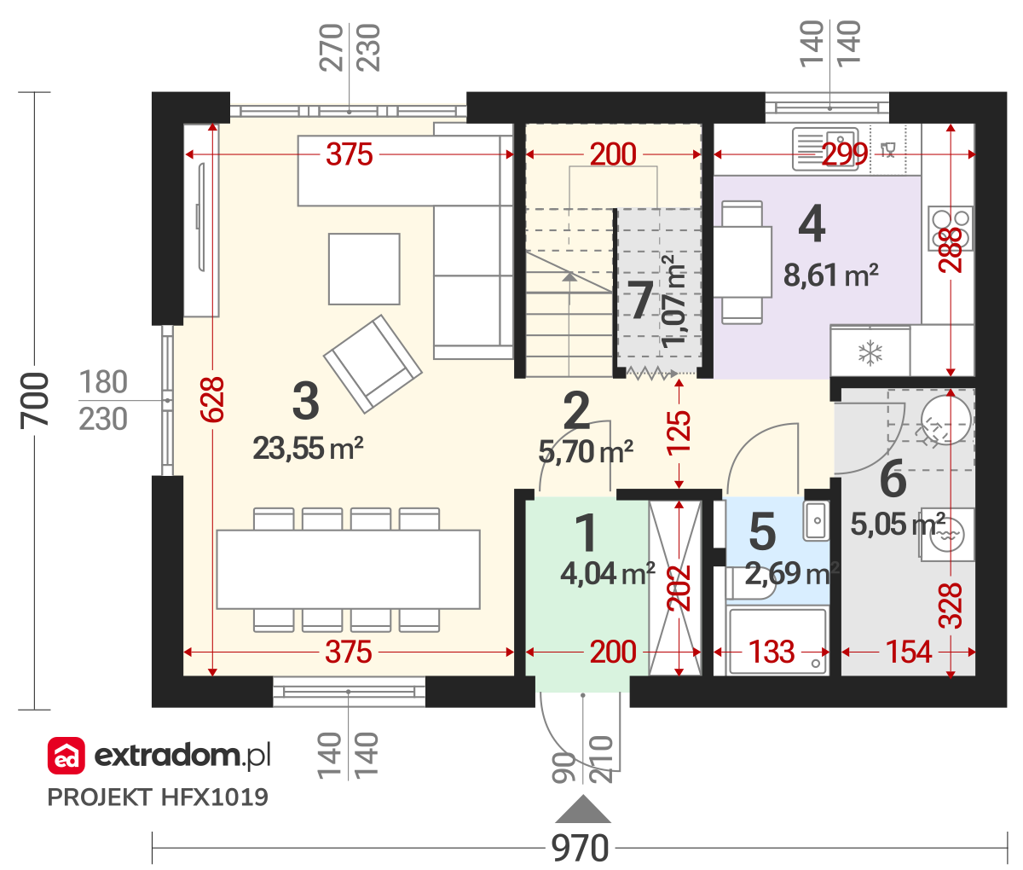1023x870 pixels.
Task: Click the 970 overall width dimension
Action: [x=580, y=848]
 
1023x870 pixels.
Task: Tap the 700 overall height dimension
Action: [x=35, y=401]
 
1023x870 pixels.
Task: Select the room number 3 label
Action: [x=305, y=401]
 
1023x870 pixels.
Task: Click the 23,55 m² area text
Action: [x=308, y=449]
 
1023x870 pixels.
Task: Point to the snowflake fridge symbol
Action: [x=870, y=353]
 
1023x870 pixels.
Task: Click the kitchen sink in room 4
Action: [x=825, y=148]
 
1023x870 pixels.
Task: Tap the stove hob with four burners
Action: [x=950, y=229]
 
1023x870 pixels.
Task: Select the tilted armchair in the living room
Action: [x=373, y=364]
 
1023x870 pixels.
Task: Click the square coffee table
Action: [x=364, y=269]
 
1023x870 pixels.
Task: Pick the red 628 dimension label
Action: [x=212, y=399]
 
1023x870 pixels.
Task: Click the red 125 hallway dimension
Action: [x=679, y=432]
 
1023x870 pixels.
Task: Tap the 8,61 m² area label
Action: [x=830, y=275]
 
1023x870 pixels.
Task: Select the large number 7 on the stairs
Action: [x=640, y=299]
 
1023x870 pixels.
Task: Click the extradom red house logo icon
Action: [x=66, y=755]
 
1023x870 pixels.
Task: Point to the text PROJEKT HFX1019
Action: [x=158, y=797]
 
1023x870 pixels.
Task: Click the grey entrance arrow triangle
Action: [x=583, y=809]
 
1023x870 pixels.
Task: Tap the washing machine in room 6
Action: [x=947, y=534]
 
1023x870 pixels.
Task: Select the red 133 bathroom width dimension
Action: [x=771, y=652]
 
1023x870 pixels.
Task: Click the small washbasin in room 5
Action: [x=816, y=520]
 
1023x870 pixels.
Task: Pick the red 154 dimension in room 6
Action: [x=908, y=652]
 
